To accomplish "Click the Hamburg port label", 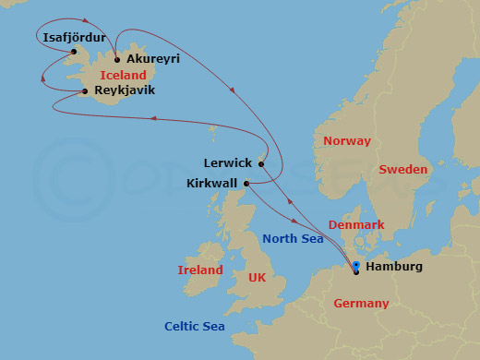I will (394, 267).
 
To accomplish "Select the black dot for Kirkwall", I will (246, 184).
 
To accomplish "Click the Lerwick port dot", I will (261, 164).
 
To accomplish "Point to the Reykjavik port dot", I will (85, 90).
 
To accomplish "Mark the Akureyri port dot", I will (116, 60).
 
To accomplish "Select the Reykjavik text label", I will (125, 90).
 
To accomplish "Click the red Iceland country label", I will (124, 75).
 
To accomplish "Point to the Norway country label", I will (346, 141).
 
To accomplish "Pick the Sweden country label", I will (403, 170).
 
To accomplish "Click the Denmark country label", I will (355, 224).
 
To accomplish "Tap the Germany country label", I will (361, 304).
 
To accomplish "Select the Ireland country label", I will (200, 270).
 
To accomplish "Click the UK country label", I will (256, 278).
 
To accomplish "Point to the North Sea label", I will (292, 239).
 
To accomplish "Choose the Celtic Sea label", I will (195, 326).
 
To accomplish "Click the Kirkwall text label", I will (212, 184).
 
